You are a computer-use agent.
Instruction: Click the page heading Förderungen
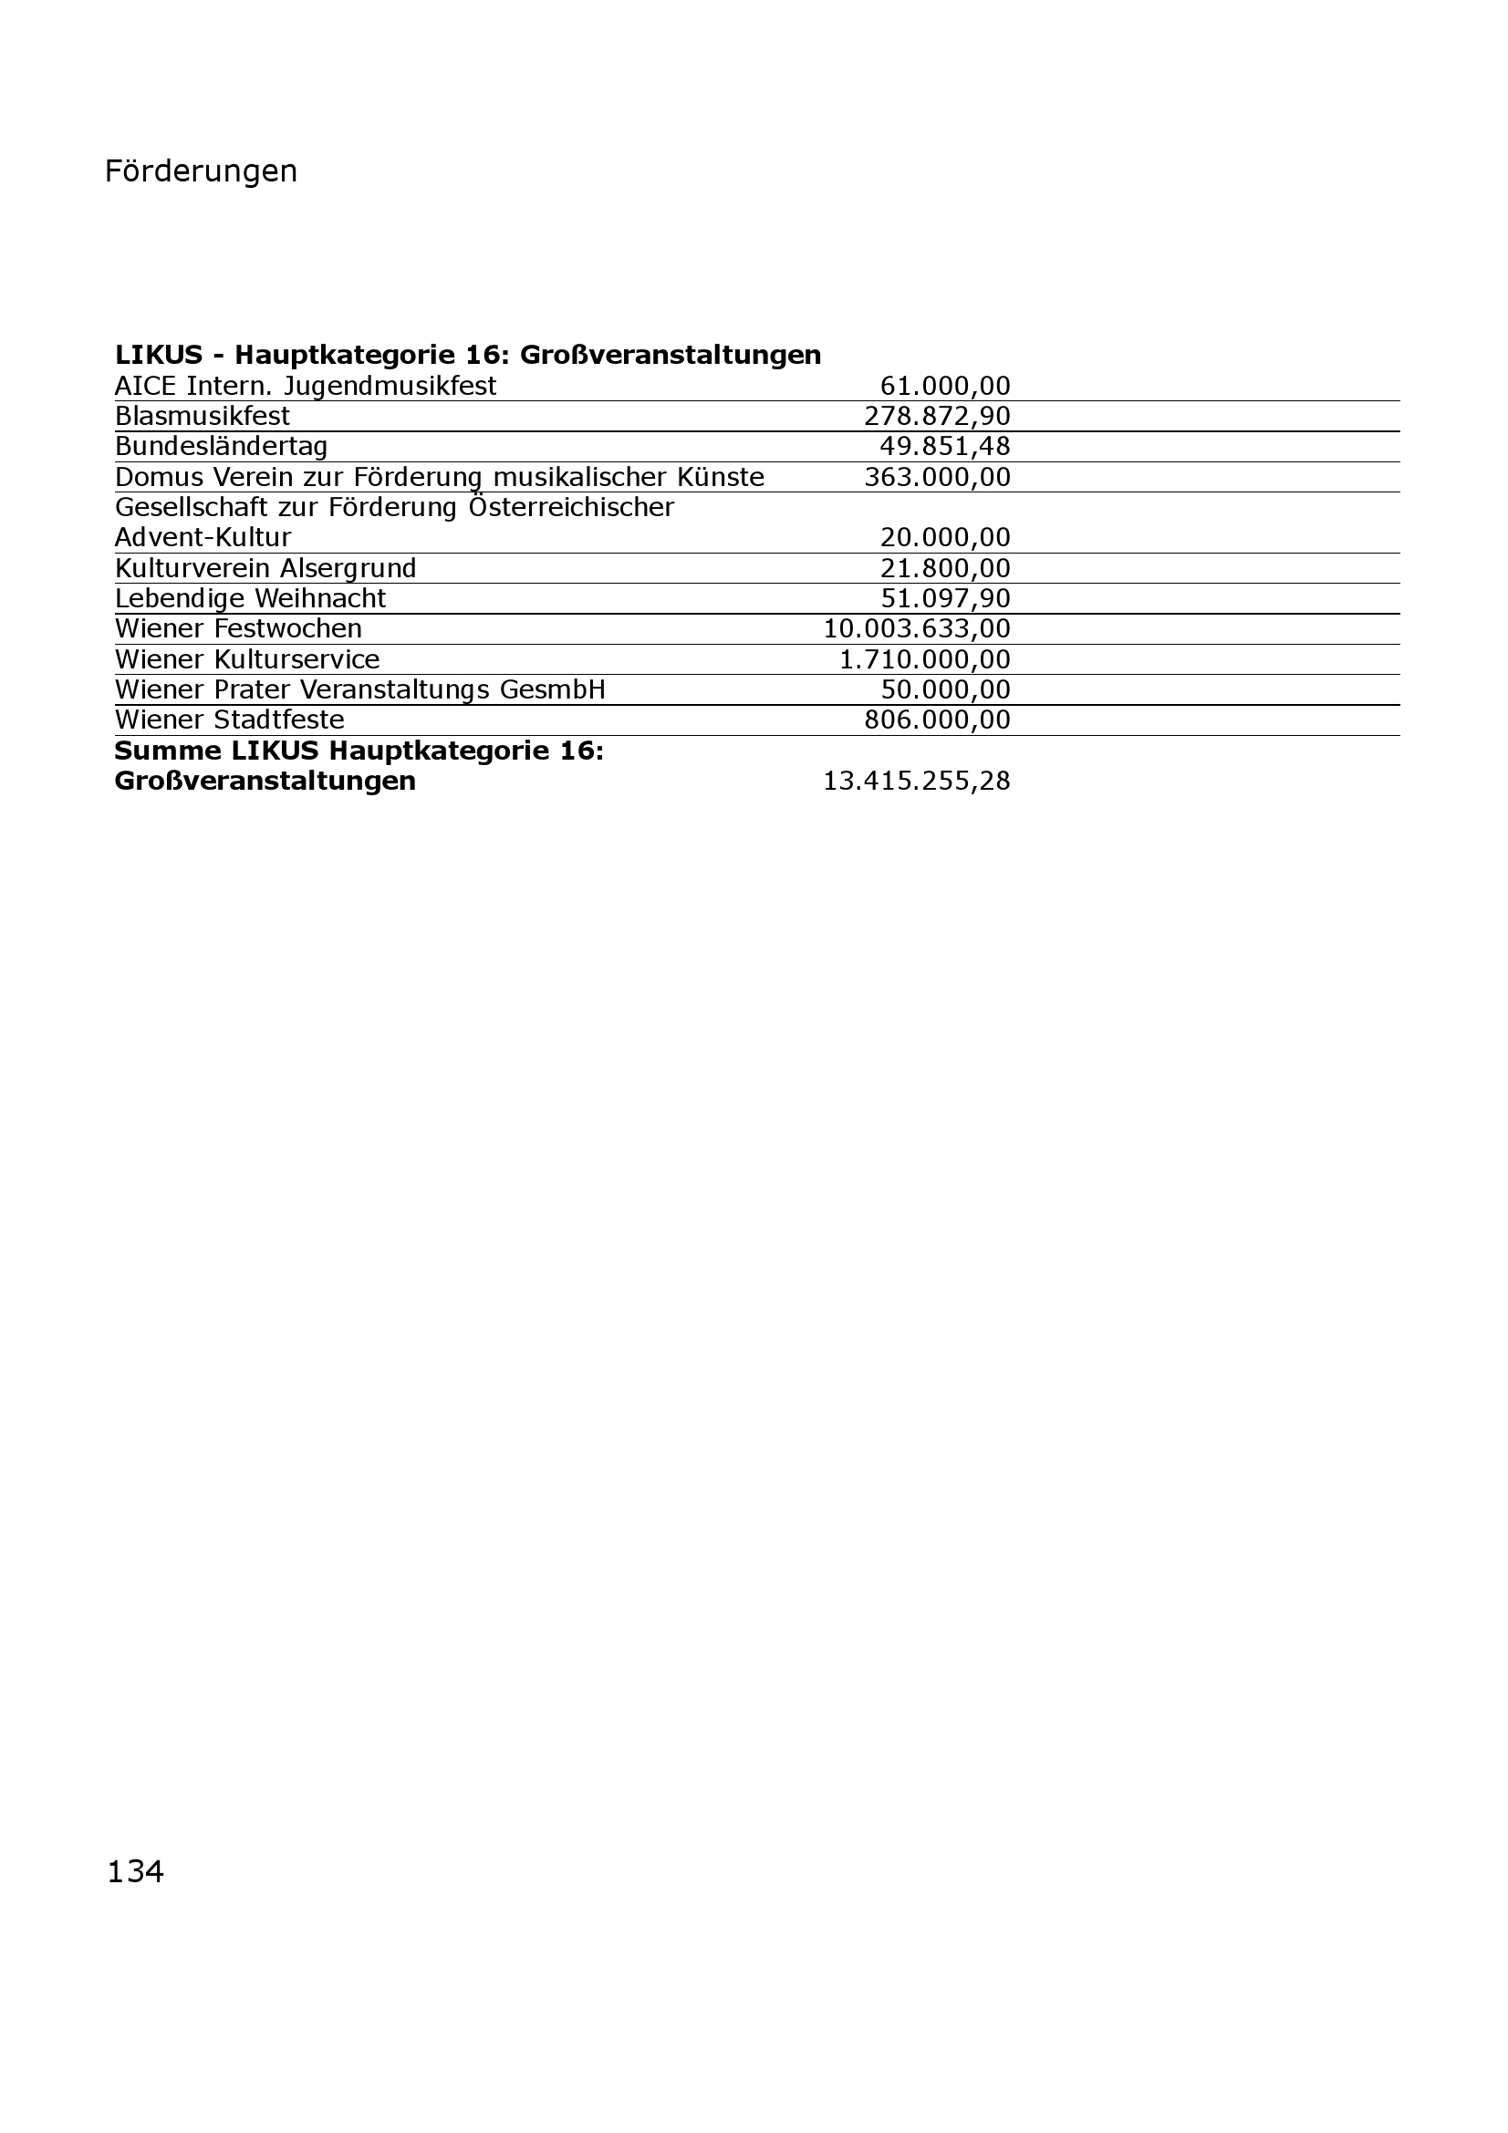click(201, 171)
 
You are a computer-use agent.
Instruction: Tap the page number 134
click(135, 1872)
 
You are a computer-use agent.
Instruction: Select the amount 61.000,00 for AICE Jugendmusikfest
click(945, 386)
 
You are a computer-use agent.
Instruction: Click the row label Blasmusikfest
click(203, 416)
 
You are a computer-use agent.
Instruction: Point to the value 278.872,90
click(937, 416)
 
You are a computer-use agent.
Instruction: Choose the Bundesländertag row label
click(221, 447)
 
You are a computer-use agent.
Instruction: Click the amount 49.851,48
click(945, 447)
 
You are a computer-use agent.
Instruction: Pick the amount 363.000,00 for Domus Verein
click(937, 478)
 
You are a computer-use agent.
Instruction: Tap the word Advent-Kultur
click(203, 538)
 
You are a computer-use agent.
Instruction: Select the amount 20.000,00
click(945, 538)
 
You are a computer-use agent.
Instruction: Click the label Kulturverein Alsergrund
click(265, 568)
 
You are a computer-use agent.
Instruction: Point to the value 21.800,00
click(945, 568)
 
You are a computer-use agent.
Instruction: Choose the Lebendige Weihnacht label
click(250, 599)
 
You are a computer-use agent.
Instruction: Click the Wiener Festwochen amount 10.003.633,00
click(916, 629)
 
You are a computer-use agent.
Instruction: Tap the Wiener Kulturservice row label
click(247, 659)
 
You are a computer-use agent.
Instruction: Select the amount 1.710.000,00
click(924, 659)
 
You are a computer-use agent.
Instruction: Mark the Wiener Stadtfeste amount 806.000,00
click(937, 720)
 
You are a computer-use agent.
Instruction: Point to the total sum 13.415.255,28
click(916, 782)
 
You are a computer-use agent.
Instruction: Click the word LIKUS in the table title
click(159, 355)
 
